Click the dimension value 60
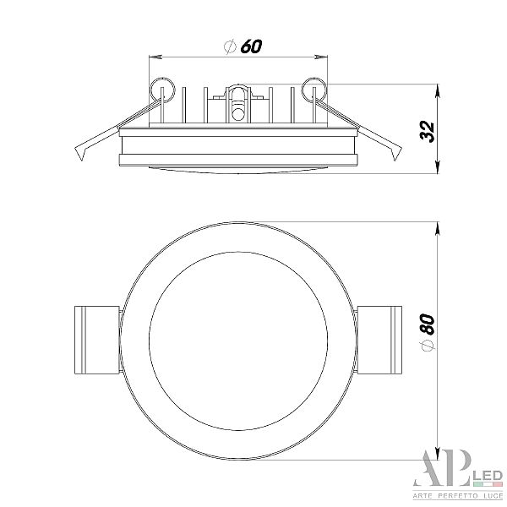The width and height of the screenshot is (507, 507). tap(251, 46)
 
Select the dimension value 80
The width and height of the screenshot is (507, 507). tap(428, 324)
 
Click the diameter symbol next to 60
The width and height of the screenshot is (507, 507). tap(230, 46)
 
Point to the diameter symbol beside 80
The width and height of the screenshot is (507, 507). tap(428, 346)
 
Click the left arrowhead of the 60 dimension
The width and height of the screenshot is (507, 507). tap(155, 57)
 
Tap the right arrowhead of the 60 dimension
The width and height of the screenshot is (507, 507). tap(321, 57)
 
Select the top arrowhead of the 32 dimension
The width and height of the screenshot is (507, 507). tap(438, 91)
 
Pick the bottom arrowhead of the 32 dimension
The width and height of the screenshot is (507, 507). tap(438, 166)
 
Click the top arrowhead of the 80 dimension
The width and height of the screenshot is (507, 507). tap(438, 229)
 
